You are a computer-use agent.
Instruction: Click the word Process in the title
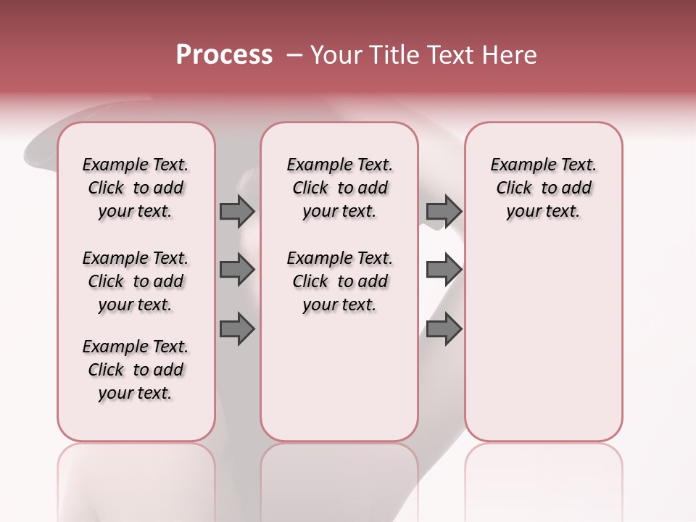point(224,55)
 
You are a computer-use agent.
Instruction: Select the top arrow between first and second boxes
point(237,211)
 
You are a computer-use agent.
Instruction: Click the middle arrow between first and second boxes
point(237,270)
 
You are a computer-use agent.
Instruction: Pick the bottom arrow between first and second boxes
point(237,329)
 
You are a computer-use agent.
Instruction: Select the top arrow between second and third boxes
point(444,211)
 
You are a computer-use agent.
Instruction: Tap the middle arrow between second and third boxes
point(444,270)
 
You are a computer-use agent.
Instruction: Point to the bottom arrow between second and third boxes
point(444,329)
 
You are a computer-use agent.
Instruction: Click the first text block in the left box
point(136,188)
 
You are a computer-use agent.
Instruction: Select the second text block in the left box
point(136,281)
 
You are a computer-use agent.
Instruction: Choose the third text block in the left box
point(136,370)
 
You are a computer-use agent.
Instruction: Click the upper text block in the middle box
point(339,188)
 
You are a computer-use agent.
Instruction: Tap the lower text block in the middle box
point(339,281)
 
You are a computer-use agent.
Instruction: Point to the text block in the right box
point(543,188)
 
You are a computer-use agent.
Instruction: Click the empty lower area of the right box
point(543,341)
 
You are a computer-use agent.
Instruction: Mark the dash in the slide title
point(294,55)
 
